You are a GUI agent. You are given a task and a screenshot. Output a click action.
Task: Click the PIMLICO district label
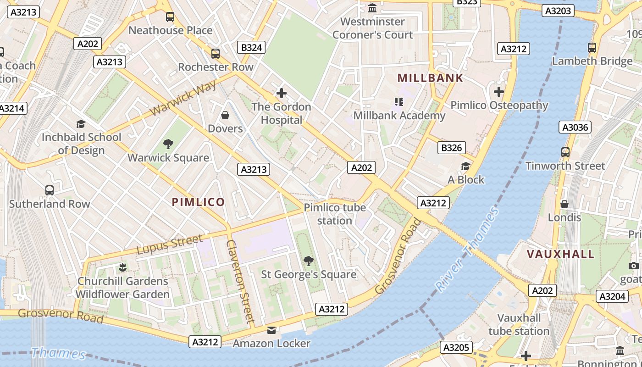[198, 202]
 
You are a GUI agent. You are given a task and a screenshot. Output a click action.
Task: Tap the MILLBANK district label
[430, 78]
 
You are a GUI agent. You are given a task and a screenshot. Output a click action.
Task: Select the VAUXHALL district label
[560, 254]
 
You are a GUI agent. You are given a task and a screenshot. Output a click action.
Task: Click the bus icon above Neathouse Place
[170, 17]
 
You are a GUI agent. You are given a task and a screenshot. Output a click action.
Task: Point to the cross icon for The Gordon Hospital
[281, 94]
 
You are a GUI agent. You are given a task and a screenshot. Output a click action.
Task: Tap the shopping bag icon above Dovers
[225, 115]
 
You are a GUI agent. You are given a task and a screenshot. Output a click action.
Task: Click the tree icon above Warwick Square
[168, 144]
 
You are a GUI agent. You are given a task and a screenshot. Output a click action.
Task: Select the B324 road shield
[251, 47]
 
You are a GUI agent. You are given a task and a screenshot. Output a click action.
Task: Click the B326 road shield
[451, 148]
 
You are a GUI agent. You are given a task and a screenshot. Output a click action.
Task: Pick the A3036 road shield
[575, 127]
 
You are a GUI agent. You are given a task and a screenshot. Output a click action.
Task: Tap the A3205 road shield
[456, 348]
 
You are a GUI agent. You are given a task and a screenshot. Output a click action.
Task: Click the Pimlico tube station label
[335, 214]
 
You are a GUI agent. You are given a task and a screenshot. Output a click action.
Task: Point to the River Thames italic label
[466, 250]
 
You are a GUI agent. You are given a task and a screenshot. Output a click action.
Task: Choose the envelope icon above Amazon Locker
[271, 330]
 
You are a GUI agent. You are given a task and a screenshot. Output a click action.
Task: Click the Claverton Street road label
[240, 280]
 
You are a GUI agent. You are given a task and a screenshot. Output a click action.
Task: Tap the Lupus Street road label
[169, 245]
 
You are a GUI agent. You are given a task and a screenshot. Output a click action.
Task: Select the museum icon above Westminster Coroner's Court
[372, 8]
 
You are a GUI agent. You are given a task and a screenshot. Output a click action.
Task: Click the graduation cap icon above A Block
[465, 166]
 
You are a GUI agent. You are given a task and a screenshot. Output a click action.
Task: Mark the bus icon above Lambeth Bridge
[592, 47]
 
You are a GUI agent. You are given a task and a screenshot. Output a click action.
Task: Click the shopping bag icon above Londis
[565, 204]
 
